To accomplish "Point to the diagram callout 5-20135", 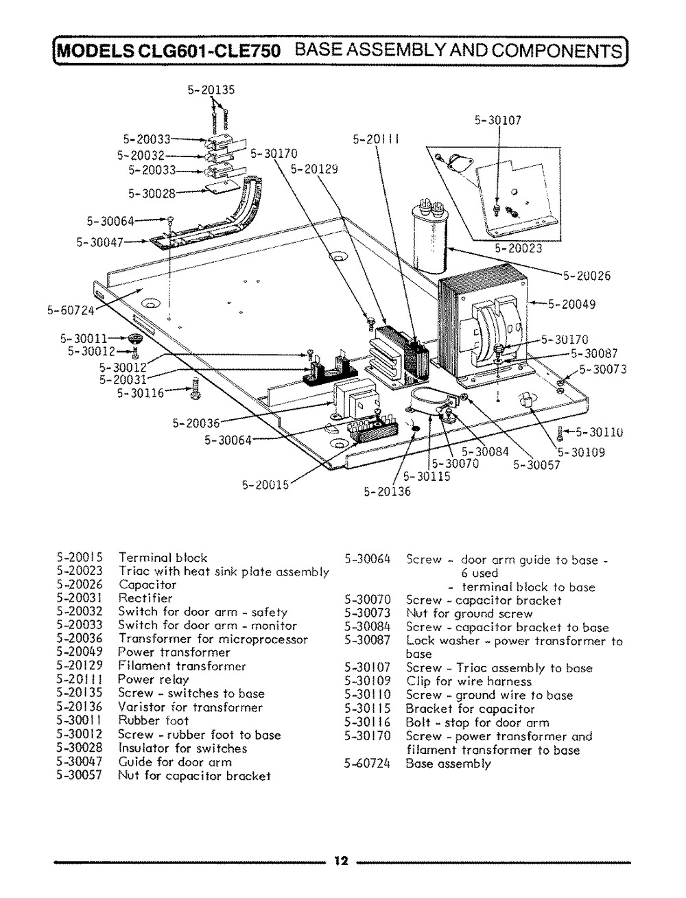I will tap(211, 88).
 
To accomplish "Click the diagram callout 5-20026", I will tap(587, 276).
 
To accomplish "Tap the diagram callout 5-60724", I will tap(69, 309).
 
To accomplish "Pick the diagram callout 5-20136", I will tap(386, 491).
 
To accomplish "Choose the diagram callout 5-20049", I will tap(571, 305).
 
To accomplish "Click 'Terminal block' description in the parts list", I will tap(163, 557).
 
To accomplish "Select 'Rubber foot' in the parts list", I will tap(149, 720).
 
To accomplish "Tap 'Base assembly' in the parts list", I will tap(448, 763).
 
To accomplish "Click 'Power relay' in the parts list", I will tap(153, 679).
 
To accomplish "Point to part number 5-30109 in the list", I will tap(368, 681).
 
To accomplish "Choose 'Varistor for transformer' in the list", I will tap(190, 707).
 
